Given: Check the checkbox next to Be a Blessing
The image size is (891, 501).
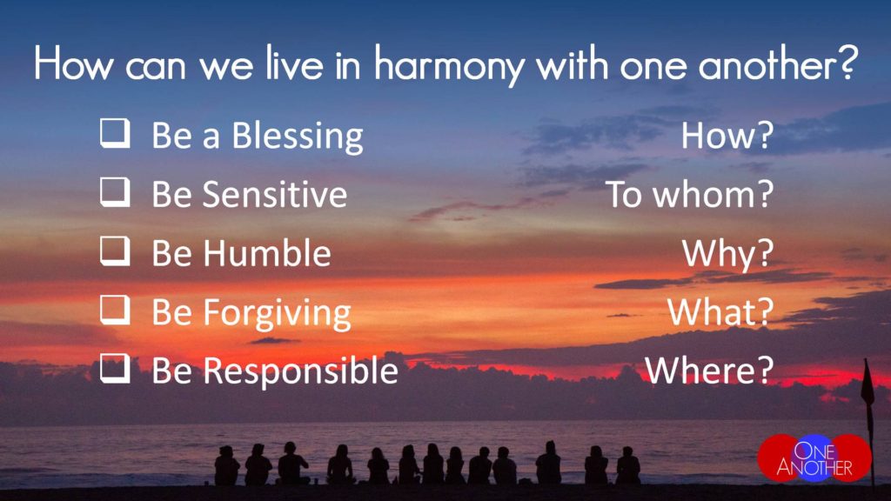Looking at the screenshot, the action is (x=115, y=133).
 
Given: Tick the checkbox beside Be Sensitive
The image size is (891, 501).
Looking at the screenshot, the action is (x=115, y=192).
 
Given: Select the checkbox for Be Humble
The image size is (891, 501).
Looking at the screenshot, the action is (x=115, y=251).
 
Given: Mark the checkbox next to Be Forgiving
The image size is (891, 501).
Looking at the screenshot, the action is (x=115, y=310).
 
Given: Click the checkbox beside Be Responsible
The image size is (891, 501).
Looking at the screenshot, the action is (x=115, y=368).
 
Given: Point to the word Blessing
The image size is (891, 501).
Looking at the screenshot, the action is (x=298, y=137).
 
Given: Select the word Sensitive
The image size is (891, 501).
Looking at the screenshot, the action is (x=274, y=194).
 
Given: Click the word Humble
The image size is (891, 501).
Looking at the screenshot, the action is (x=267, y=252).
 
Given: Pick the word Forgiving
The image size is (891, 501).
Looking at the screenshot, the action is (x=277, y=313).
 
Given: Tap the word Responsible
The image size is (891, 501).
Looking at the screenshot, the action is (x=300, y=371).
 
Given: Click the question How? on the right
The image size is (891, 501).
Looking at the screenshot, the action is (x=727, y=136).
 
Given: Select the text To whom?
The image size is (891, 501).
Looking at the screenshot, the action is (x=689, y=194).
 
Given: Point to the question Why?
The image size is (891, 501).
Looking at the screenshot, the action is (x=728, y=254).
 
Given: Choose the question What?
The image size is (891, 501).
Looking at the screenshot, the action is (x=720, y=311).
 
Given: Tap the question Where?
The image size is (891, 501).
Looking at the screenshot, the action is (x=709, y=370).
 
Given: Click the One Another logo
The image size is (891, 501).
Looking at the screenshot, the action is (x=814, y=458).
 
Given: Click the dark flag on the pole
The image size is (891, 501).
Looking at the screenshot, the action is (x=868, y=386).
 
